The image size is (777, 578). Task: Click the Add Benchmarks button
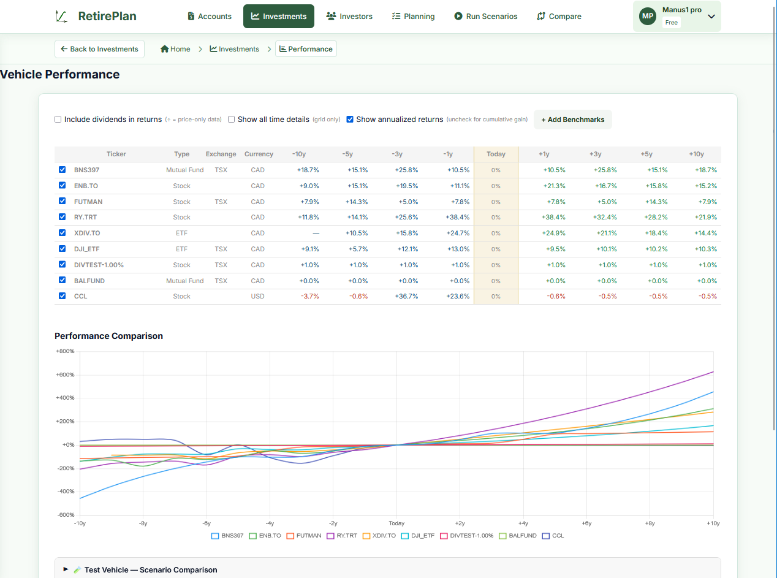point(572,120)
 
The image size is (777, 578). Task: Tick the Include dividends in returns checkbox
point(58,119)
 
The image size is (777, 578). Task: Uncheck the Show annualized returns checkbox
point(350,119)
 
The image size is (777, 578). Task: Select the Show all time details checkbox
point(231,119)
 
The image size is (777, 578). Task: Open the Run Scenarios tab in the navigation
point(485,16)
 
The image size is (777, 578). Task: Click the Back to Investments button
point(99,49)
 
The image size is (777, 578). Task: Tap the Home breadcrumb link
point(175,49)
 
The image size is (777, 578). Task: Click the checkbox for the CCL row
point(62,296)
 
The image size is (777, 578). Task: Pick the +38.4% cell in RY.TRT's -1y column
point(457,217)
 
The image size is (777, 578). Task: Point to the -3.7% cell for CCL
point(309,296)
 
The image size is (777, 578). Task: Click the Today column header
point(496,154)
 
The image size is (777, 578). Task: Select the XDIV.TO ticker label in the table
point(87,233)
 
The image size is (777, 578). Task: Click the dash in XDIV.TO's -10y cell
point(316,233)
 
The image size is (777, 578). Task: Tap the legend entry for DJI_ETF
point(417,536)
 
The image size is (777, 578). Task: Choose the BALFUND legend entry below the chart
point(518,536)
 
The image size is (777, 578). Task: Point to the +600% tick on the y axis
point(65,375)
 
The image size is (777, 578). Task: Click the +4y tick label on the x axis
point(523,523)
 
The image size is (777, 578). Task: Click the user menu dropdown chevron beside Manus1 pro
point(711,17)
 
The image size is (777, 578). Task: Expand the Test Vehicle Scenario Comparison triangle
point(66,569)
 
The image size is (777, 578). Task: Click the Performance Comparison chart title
point(108,336)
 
